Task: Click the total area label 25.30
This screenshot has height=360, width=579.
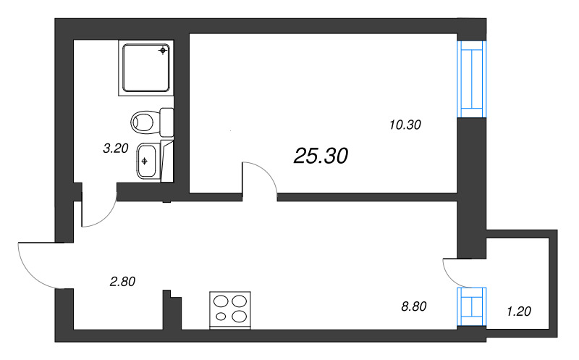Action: point(321,156)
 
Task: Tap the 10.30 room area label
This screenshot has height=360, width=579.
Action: point(405,125)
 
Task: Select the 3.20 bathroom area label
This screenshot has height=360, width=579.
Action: point(116,148)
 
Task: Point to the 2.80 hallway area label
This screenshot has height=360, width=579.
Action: point(122,282)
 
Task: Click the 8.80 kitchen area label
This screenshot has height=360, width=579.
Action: point(414,306)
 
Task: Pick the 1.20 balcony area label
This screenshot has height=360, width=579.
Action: point(519,311)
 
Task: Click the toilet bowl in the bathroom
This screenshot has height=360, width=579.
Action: point(142,122)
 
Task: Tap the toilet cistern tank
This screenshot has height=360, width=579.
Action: point(167,122)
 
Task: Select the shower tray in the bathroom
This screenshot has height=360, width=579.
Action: point(146,68)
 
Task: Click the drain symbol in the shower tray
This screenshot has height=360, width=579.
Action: point(163,50)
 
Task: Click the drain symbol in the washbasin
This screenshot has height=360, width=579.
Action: point(144,161)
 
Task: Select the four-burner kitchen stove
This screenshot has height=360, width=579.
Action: point(230,310)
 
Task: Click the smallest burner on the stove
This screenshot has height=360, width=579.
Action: point(221,317)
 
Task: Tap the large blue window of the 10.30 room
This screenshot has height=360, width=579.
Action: point(470,79)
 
